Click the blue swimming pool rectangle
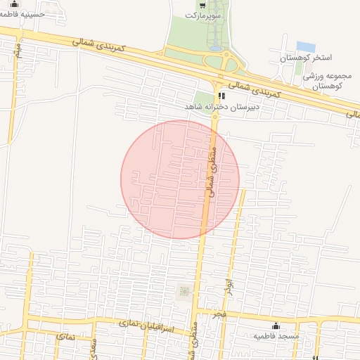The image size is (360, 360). [305, 46]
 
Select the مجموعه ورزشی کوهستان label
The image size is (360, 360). [323, 80]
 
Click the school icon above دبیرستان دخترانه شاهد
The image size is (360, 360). [221, 95]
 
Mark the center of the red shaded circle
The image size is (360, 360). [180, 179]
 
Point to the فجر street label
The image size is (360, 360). [221, 312]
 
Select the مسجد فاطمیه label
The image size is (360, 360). [276, 336]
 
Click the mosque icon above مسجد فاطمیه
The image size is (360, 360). [276, 326]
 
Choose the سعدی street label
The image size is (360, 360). [92, 345]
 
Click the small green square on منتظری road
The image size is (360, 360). [184, 291]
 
